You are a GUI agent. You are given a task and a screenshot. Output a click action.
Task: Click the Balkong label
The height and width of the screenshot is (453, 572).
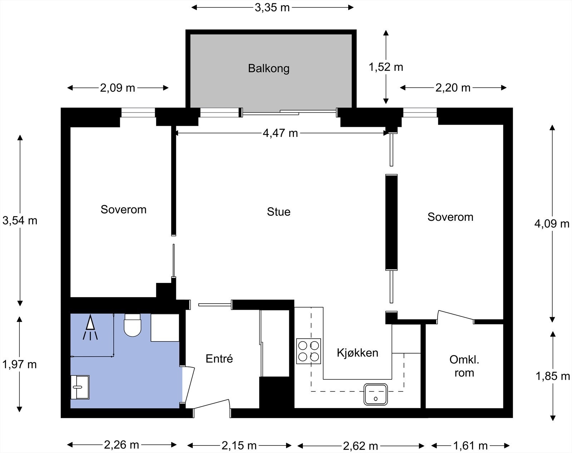268,69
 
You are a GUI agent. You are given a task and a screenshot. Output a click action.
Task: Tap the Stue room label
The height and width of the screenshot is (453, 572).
278,212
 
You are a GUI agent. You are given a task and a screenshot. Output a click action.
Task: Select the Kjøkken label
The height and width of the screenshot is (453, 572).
357,353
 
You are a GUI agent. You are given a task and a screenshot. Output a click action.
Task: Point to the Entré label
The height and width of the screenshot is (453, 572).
219,359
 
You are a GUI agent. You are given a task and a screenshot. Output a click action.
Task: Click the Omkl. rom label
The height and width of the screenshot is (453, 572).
464,366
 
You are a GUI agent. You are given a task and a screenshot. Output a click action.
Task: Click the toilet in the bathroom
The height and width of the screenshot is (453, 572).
132,325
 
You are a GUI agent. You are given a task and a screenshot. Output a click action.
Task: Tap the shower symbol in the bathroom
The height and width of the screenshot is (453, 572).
90,327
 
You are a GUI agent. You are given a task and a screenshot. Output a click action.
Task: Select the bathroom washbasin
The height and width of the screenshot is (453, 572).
80,387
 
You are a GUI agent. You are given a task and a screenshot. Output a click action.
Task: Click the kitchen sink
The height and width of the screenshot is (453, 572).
376,394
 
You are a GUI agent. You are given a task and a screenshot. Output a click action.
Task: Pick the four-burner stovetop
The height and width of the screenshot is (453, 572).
309,351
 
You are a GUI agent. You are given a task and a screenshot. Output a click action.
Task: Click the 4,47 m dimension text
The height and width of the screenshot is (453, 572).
280,133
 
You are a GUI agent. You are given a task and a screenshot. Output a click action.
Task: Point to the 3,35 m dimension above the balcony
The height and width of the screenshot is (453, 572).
272,8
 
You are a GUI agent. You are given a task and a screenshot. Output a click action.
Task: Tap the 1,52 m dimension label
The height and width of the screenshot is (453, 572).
386,67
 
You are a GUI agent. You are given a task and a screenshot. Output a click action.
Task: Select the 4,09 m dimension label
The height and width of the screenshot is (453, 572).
552,224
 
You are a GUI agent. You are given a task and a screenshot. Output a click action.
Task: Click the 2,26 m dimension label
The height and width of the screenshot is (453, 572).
122,444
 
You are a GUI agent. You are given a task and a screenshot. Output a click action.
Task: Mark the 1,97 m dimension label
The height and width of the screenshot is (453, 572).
19,364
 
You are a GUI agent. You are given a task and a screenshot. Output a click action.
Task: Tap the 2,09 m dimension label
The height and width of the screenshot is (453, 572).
118,88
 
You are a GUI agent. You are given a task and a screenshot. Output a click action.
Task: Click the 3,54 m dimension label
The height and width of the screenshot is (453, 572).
20,220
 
